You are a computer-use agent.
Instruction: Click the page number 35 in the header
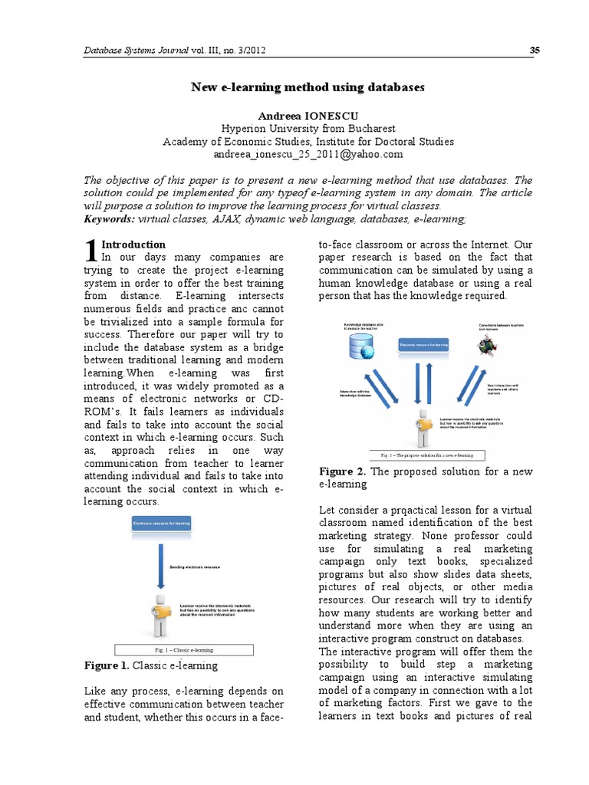pyautogui.click(x=535, y=51)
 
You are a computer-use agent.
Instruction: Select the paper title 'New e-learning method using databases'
pyautogui.click(x=308, y=87)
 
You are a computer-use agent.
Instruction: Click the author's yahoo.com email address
pyautogui.click(x=308, y=154)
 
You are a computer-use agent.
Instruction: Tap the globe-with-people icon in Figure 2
pyautogui.click(x=485, y=346)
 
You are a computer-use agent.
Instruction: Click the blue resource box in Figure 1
pyautogui.click(x=161, y=524)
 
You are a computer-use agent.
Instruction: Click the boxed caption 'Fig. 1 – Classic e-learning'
pyautogui.click(x=184, y=650)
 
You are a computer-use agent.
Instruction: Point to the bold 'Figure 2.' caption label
pyautogui.click(x=342, y=471)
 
